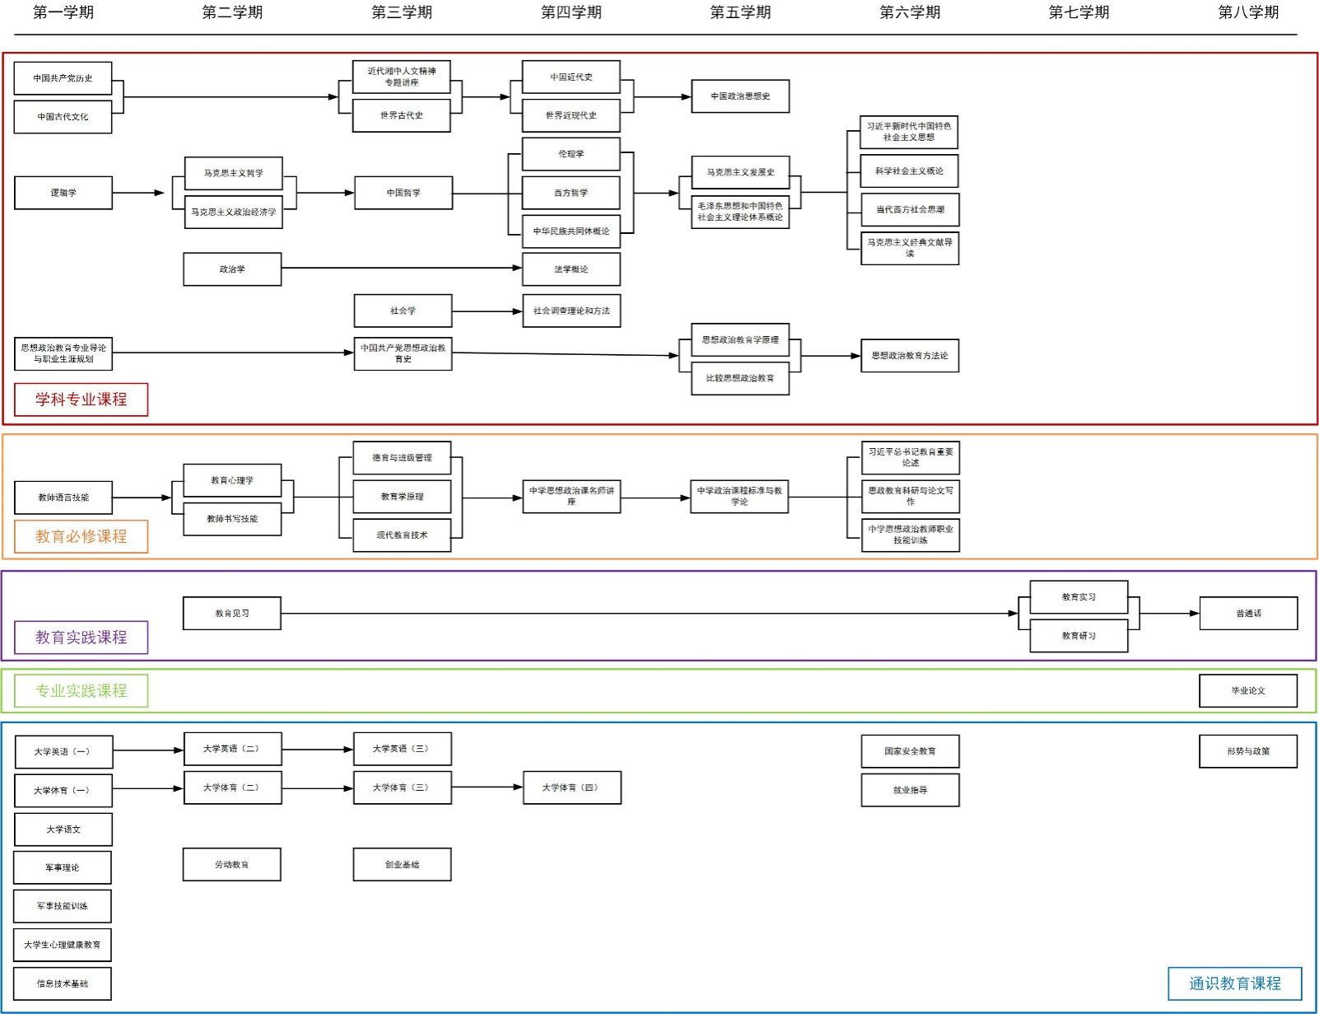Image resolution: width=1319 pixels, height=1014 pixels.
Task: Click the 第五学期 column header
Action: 740,12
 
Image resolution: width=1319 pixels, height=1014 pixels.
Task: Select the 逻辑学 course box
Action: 63,193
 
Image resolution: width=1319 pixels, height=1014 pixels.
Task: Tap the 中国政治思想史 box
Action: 740,96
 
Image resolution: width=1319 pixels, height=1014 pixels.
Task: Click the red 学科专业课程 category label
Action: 81,400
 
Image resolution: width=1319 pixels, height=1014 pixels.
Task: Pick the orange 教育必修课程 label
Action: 81,536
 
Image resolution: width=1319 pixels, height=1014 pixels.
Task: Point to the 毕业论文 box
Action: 1247,691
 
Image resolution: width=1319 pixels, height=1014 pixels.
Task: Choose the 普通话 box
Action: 1248,614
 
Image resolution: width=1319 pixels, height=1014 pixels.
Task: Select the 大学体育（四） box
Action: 571,788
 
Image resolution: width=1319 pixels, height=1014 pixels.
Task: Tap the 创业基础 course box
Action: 402,865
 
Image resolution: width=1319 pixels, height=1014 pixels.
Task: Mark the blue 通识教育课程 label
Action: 1234,984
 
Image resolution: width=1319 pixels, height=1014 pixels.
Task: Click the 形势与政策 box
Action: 1247,751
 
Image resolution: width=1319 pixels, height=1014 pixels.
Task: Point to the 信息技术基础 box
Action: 63,984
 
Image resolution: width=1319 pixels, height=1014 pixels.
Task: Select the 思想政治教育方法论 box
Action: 910,356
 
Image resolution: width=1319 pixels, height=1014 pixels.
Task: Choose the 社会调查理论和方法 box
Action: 571,311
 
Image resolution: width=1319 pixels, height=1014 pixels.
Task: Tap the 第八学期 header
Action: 1248,12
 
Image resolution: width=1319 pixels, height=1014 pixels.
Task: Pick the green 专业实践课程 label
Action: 81,691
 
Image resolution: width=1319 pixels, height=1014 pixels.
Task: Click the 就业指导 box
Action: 910,790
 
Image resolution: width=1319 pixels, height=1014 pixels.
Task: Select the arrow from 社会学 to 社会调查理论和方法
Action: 487,311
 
